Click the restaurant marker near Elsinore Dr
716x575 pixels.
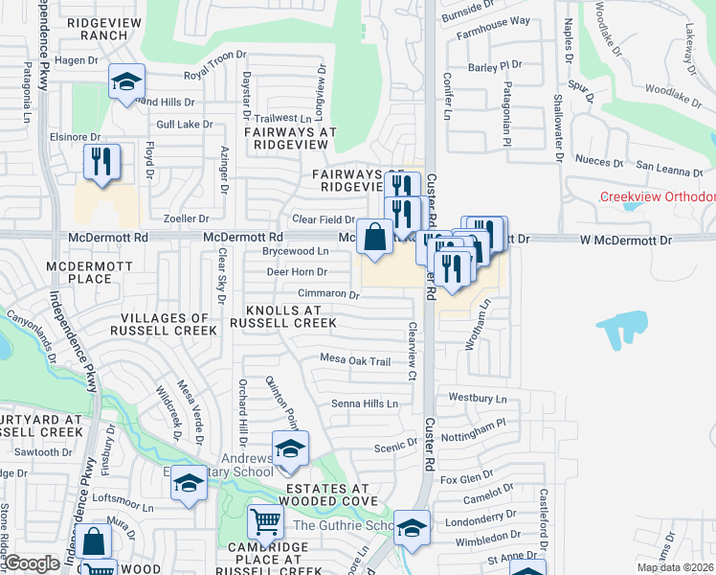[x=101, y=161]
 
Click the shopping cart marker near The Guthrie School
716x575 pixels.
[x=266, y=522]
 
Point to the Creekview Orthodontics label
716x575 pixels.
[x=657, y=197]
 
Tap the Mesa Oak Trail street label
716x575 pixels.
[x=355, y=361]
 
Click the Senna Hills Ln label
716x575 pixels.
[x=365, y=404]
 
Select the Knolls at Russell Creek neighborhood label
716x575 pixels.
[x=291, y=317]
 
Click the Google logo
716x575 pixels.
[x=33, y=563]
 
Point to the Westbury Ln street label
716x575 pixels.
[x=476, y=397]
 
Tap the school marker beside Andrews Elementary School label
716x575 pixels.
[x=290, y=448]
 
